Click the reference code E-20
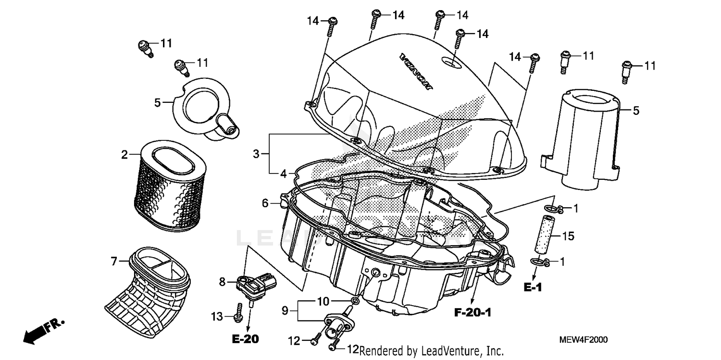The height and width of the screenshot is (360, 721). (245, 339)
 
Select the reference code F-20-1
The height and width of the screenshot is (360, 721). (472, 313)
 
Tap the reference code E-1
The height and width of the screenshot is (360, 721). (533, 287)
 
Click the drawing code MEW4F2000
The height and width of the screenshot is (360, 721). (583, 340)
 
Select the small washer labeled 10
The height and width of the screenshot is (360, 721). (355, 301)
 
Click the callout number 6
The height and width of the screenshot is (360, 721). (265, 203)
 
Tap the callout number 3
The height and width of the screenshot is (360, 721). (256, 154)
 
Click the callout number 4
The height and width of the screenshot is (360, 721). (284, 173)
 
